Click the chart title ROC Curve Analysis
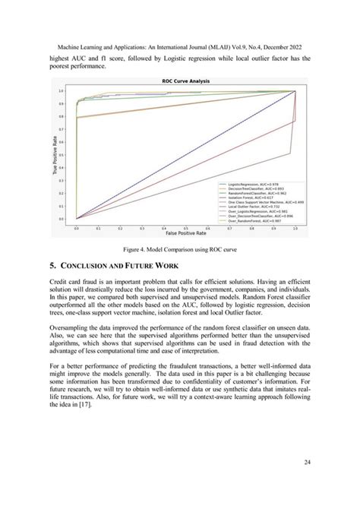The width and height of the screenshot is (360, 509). tap(185, 81)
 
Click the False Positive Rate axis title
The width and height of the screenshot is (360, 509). tap(185, 232)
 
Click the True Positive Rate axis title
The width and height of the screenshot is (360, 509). tap(56, 155)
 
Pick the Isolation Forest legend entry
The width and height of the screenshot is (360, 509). tap(244, 197)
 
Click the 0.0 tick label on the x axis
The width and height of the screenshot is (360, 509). tap(77, 226)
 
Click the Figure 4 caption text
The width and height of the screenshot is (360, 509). tap(179, 248)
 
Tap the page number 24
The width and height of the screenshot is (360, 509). tap(315, 461)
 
